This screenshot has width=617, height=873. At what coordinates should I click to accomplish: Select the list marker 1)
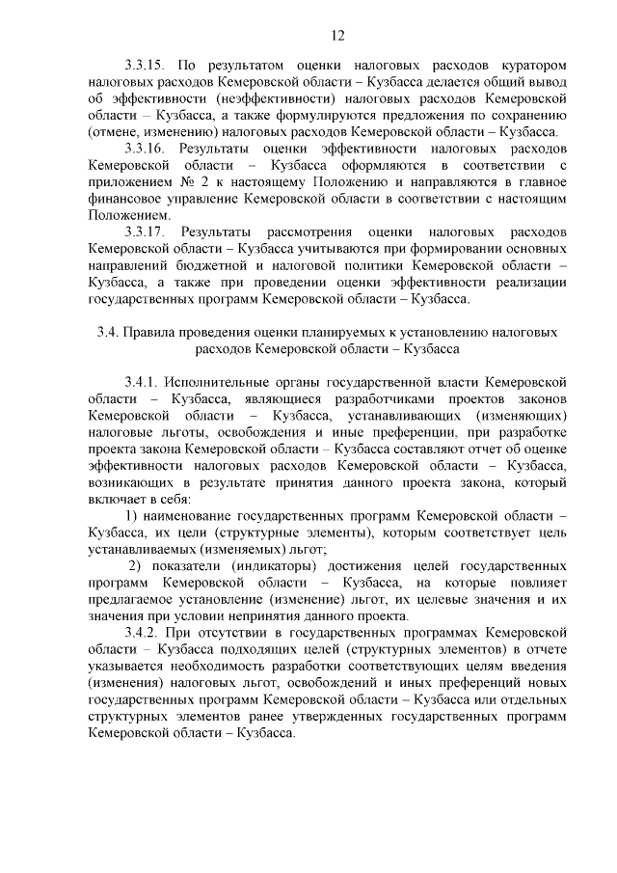point(133,517)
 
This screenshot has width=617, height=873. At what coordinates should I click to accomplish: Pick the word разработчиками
point(367,398)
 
